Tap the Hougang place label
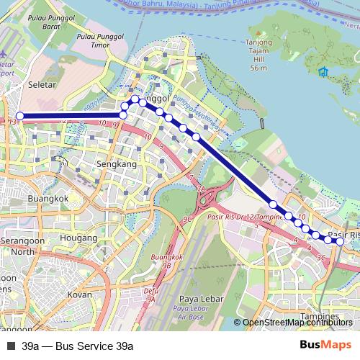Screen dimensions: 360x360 [79, 237]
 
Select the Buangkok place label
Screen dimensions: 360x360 [47, 198]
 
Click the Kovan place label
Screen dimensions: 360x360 [79, 294]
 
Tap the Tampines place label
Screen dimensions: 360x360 [319, 316]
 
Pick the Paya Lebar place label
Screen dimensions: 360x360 [198, 300]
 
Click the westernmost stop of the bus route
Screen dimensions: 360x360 [20, 116]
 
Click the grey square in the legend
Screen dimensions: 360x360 [11, 346]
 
